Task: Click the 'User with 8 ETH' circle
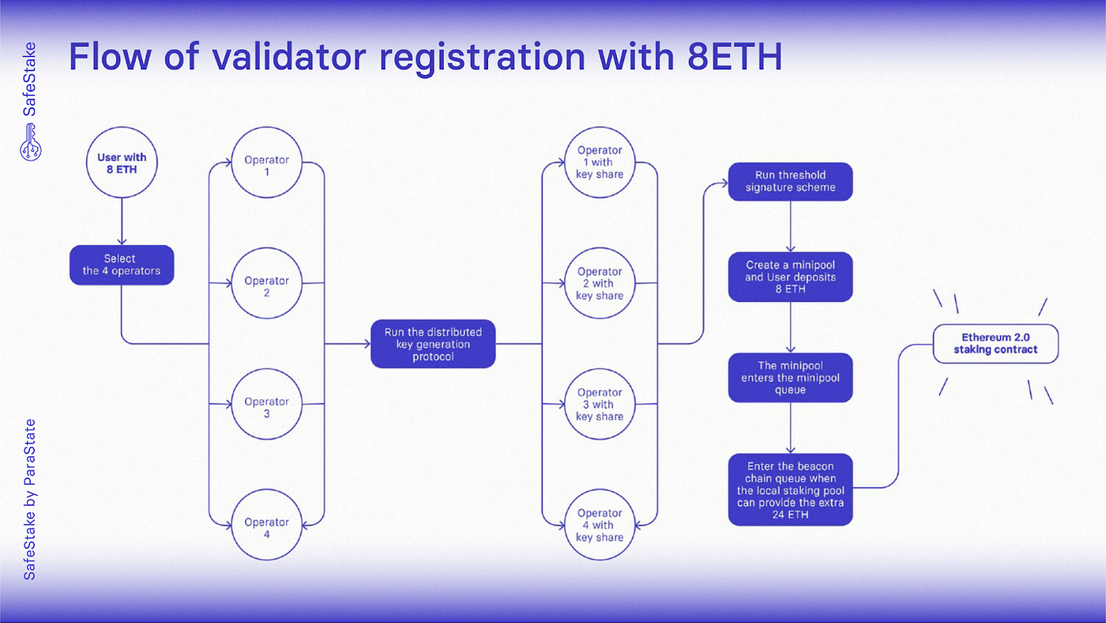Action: point(121,164)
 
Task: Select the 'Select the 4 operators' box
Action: point(121,265)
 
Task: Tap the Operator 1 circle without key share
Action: point(266,164)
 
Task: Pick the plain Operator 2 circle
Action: point(266,285)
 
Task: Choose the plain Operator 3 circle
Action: point(266,406)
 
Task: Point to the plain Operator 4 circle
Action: point(266,527)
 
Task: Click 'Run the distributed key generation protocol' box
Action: point(433,344)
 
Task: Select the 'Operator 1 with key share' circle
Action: point(600,162)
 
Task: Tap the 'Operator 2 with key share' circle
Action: point(600,283)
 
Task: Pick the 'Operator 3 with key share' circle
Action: point(600,404)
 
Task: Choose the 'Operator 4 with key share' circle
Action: point(600,525)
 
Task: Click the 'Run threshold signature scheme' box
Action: point(790,182)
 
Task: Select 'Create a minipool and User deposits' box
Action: point(790,277)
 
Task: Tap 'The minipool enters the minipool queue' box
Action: point(790,377)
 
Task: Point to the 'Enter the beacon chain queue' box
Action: point(790,489)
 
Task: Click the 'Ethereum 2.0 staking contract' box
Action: point(995,343)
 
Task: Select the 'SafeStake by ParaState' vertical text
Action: point(29,500)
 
